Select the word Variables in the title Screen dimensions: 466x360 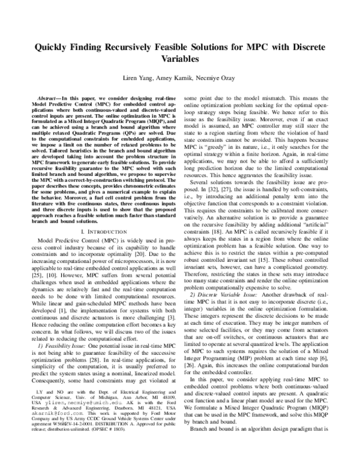tap(179, 60)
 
